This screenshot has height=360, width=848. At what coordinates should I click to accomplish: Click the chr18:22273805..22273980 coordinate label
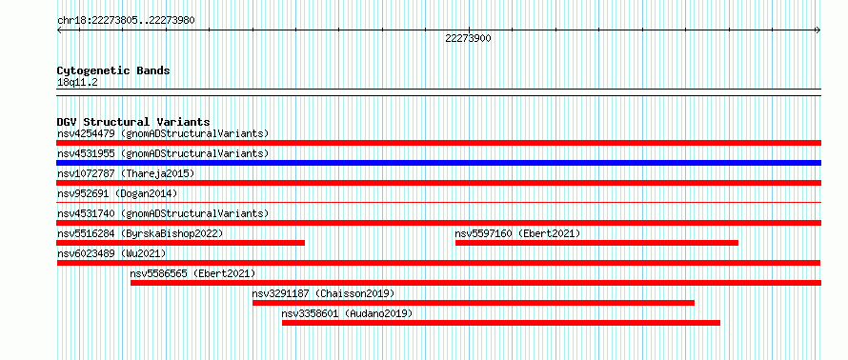(x=126, y=21)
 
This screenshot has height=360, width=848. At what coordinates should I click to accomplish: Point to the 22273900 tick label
(x=469, y=38)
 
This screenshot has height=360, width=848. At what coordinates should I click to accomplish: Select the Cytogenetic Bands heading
(x=113, y=70)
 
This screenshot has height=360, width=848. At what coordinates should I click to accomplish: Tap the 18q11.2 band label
(x=77, y=83)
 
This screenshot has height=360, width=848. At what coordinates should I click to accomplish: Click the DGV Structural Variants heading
(x=133, y=122)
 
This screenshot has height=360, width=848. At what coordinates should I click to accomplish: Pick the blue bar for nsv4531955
(x=438, y=163)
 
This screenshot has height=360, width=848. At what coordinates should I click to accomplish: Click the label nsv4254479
(x=86, y=133)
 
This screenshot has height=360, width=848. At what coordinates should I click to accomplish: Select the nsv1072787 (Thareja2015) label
(x=126, y=173)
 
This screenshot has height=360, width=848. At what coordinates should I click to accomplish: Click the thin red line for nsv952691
(x=438, y=202)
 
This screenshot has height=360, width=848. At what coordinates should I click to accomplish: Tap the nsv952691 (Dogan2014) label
(x=117, y=193)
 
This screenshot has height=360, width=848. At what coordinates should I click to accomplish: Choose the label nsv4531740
(x=86, y=213)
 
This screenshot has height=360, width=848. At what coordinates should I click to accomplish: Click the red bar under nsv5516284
(x=181, y=243)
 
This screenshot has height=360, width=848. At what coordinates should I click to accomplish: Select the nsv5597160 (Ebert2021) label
(x=517, y=233)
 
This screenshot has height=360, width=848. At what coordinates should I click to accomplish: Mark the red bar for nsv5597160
(x=596, y=243)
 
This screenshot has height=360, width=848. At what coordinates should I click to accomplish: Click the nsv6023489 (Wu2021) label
(x=111, y=253)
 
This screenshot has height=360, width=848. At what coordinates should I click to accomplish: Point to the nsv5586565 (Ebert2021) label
(x=192, y=273)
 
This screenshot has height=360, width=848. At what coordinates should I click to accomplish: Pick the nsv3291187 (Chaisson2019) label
(x=323, y=293)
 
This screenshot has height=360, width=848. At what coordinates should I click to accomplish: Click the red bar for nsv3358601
(x=501, y=323)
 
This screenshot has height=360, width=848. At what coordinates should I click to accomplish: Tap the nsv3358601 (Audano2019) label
(x=347, y=313)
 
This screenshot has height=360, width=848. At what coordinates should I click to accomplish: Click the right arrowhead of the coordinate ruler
(x=819, y=30)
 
